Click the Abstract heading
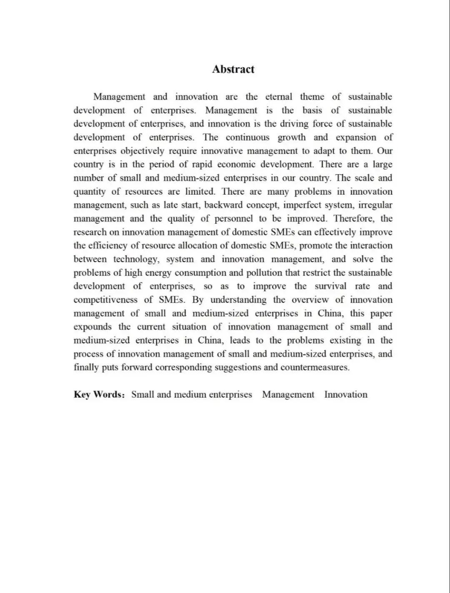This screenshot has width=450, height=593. pyautogui.click(x=233, y=69)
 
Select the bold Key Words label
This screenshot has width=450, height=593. pyautogui.click(x=98, y=395)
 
